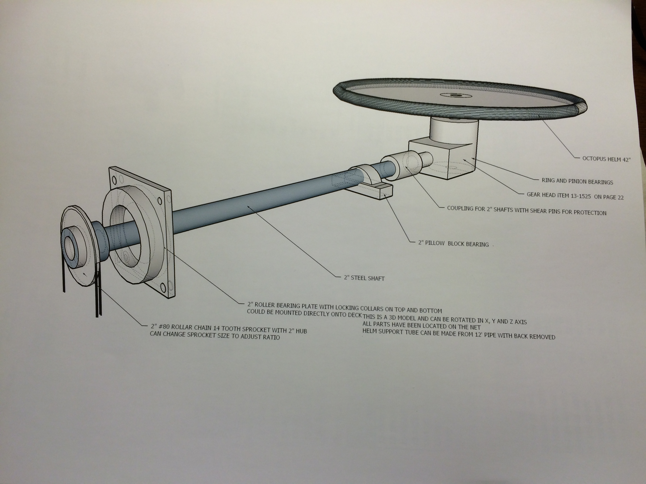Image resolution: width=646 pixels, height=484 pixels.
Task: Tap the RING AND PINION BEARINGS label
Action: [577, 181]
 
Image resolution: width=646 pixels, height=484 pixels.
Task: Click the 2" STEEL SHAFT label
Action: [364, 278]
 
